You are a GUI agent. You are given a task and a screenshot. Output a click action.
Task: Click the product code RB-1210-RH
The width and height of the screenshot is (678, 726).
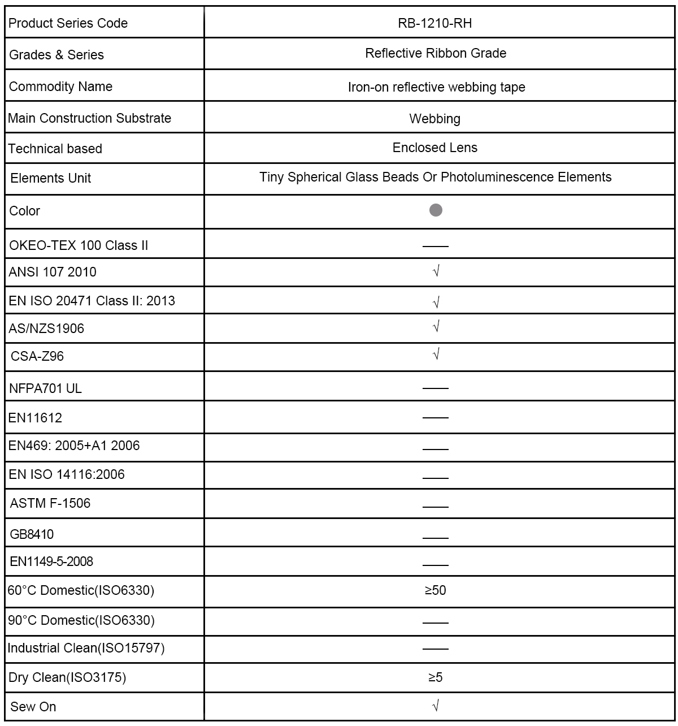click(435, 23)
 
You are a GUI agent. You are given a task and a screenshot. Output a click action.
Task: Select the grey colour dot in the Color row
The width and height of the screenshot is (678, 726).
click(436, 210)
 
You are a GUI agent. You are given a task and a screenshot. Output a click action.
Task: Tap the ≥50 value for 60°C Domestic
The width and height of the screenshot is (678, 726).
click(435, 590)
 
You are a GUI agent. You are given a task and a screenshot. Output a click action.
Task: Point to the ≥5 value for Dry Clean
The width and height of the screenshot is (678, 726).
click(435, 677)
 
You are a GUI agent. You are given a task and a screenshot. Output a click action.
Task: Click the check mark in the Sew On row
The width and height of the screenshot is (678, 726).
click(436, 706)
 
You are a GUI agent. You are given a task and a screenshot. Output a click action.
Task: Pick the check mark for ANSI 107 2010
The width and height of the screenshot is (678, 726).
click(436, 271)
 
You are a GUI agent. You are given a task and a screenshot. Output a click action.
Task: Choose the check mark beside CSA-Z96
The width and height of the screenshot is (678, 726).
click(436, 355)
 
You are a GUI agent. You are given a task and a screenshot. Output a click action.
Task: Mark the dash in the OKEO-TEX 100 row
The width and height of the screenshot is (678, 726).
click(435, 247)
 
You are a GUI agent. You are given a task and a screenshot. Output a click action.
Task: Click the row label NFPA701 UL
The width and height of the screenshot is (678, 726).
click(45, 388)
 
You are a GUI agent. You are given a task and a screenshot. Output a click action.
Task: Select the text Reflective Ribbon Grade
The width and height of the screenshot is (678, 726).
click(435, 53)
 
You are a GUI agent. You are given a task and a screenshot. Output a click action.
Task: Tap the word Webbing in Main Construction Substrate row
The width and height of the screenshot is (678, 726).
click(434, 119)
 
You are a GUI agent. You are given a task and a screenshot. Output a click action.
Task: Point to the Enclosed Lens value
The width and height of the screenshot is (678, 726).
click(434, 148)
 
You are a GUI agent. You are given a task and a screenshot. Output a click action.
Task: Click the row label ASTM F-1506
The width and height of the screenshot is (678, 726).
click(50, 503)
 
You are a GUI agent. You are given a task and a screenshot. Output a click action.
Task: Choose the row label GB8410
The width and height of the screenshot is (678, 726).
click(32, 534)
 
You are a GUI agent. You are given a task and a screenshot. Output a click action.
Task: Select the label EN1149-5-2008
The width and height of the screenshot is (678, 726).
click(51, 561)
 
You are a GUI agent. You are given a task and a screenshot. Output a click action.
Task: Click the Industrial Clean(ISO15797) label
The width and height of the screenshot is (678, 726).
click(86, 648)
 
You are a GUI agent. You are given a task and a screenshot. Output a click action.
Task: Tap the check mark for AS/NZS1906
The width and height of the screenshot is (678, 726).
click(436, 327)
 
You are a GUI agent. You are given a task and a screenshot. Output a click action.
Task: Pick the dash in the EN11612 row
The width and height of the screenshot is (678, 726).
click(435, 417)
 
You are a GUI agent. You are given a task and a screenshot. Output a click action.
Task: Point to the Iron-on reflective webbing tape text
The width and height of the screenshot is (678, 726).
click(436, 87)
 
